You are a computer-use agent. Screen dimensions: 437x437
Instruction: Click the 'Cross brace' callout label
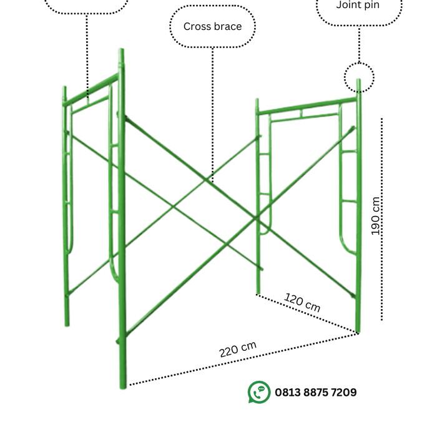coord(212,27)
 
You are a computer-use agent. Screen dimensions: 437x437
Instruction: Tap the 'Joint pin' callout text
coord(358,5)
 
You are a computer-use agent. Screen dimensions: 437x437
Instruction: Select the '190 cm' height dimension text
coord(375,216)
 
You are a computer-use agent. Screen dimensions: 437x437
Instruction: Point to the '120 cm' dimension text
coord(303,302)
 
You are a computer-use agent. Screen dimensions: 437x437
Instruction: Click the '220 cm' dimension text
coord(238,350)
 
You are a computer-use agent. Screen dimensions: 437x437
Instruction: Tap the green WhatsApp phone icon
coord(259,392)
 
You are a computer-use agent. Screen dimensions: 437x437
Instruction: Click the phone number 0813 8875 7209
coord(315,393)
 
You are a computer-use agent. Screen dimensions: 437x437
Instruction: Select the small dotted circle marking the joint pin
coord(359,78)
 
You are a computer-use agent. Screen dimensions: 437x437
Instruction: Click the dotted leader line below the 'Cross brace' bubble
coord(212,112)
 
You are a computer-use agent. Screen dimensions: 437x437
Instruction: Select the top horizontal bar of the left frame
coord(91,90)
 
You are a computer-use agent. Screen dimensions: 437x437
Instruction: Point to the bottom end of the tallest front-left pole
coord(123,385)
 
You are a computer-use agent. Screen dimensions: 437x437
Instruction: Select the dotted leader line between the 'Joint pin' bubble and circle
coord(359,44)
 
